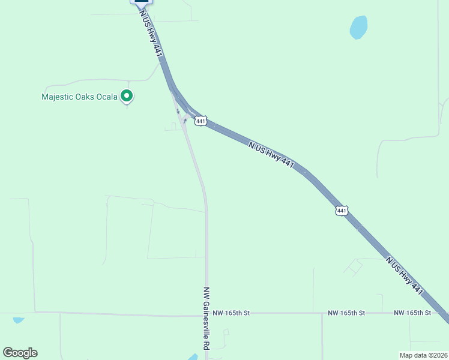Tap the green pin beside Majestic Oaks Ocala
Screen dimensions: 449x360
click(127, 95)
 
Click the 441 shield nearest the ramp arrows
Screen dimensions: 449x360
click(201, 121)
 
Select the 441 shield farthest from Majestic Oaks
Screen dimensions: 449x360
click(342, 210)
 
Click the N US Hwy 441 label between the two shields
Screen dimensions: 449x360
click(271, 154)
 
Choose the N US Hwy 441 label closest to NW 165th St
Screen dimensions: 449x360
click(405, 275)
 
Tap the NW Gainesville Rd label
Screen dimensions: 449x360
click(206, 318)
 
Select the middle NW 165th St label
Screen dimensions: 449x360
click(346, 313)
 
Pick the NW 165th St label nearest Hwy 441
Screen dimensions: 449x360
click(412, 313)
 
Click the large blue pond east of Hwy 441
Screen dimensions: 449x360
click(358, 27)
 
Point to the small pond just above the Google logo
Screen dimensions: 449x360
click(18, 320)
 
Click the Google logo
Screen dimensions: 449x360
click(20, 353)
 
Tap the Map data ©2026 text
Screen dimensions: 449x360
click(423, 355)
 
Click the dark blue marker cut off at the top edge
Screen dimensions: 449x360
click(142, 2)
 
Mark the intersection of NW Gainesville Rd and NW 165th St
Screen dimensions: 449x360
click(206, 313)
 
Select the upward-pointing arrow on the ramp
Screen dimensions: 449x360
click(185, 121)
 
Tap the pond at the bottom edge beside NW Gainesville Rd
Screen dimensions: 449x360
click(193, 357)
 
